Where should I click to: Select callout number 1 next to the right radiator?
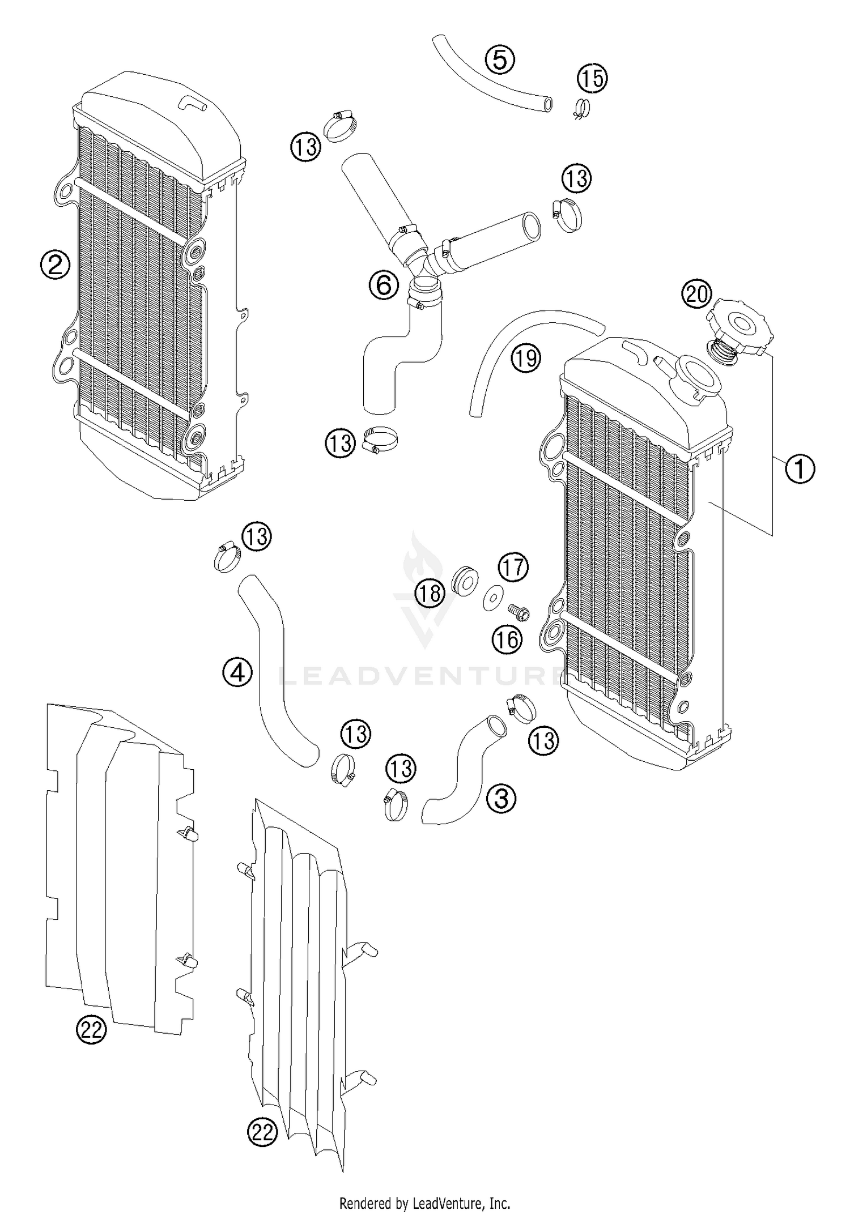click(800, 469)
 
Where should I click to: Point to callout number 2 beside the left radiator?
click(55, 265)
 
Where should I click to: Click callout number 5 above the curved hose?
click(499, 59)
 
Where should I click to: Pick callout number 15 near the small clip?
click(592, 78)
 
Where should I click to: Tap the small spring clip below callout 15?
click(580, 108)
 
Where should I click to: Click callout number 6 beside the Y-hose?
click(384, 285)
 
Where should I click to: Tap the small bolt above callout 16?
click(518, 611)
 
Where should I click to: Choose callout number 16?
click(507, 640)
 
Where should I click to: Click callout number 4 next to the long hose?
click(237, 673)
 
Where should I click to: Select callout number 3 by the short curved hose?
click(501, 799)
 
